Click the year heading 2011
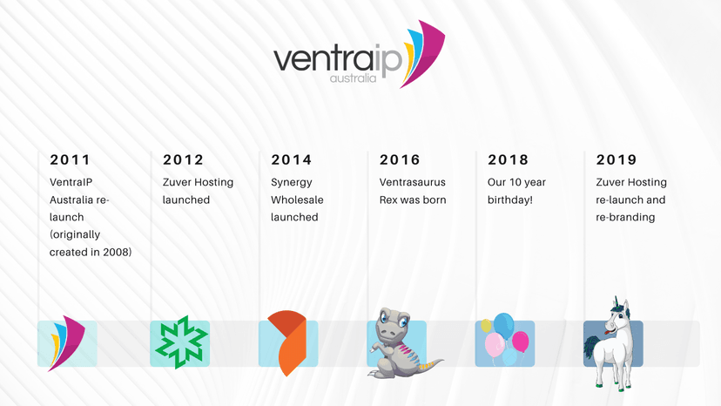pos(70,159)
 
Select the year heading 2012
pos(183,159)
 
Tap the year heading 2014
pos(291,159)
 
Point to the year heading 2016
pos(400,159)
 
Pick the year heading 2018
pos(508,159)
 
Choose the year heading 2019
pos(617,159)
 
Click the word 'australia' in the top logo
pos(353,78)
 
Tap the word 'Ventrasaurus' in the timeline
pos(412,182)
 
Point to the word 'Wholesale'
pos(297,200)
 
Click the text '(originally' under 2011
pos(75,234)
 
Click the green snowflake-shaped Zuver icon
pos(180,343)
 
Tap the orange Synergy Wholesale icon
pos(286,342)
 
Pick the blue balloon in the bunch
pos(503,326)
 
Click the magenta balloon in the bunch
pos(521,341)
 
